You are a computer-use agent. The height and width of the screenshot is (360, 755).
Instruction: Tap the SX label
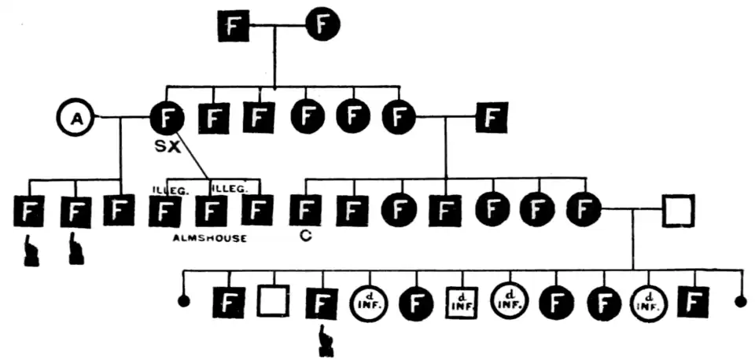pos(168,148)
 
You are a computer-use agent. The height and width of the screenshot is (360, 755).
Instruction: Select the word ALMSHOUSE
pos(208,238)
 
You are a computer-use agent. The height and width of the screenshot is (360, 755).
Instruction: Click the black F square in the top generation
pos(233,27)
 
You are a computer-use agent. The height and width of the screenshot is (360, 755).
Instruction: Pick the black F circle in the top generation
pos(322,26)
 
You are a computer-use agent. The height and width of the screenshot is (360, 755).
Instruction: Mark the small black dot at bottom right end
pos(739,302)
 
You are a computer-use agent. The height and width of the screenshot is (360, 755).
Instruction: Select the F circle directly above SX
pos(167,119)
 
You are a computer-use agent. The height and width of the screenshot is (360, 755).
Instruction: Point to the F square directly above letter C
pos(306,211)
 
